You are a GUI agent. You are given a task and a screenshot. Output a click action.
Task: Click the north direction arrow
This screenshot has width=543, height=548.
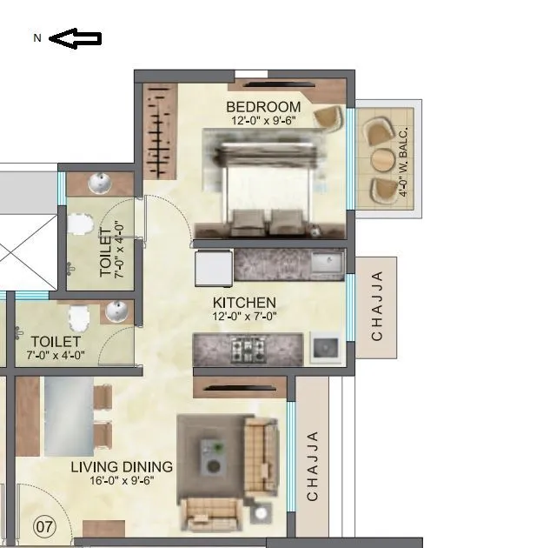tap(76, 38)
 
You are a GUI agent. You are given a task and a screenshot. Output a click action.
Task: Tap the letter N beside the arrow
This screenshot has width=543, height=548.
tap(37, 38)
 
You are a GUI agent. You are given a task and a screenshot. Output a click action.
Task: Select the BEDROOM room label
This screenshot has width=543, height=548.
tap(263, 108)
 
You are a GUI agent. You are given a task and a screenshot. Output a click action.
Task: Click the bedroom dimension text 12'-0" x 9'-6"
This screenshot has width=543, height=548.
tap(263, 121)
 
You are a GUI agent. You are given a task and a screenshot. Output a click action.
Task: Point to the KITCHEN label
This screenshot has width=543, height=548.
tap(245, 303)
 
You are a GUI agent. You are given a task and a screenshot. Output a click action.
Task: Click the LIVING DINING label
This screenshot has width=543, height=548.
tap(122, 467)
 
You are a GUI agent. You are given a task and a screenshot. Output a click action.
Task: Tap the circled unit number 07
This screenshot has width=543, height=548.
tap(44, 525)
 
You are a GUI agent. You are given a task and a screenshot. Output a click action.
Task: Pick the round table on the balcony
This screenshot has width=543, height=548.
tap(383, 161)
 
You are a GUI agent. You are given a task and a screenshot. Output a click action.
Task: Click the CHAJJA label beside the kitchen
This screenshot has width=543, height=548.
tap(377, 306)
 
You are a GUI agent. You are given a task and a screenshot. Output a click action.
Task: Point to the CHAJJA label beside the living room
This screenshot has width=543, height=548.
tap(313, 465)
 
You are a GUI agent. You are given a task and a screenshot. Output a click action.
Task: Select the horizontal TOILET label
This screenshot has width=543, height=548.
tap(55, 342)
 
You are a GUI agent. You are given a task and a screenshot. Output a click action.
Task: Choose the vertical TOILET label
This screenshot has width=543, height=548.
tap(106, 251)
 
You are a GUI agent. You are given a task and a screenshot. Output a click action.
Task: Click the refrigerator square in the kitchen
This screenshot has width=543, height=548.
tap(212, 267)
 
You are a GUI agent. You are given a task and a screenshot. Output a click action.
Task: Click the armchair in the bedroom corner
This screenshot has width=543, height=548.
tap(328, 118)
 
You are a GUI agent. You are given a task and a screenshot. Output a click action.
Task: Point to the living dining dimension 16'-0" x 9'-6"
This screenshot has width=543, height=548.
tap(122, 480)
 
